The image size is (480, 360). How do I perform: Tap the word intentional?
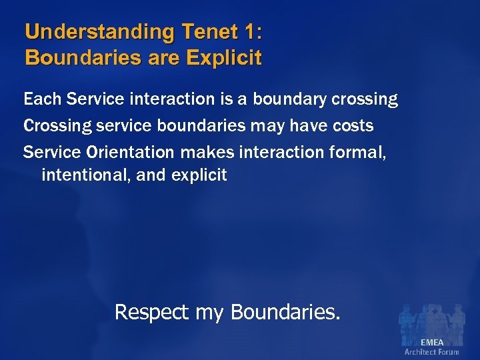[89, 175]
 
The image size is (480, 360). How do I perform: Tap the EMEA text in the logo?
[431, 342]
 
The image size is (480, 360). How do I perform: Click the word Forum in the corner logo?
[449, 351]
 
